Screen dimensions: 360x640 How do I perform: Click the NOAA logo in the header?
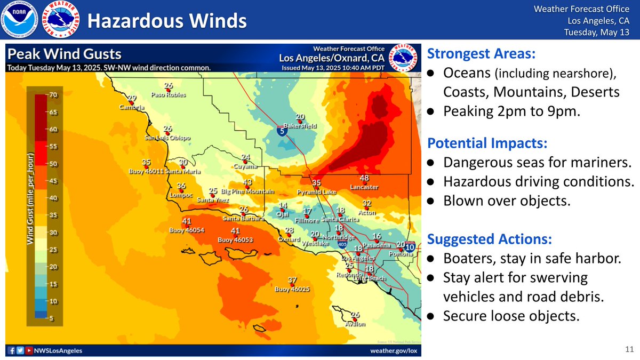pyautogui.click(x=20, y=20)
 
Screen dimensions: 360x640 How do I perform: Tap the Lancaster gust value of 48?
pyautogui.click(x=364, y=178)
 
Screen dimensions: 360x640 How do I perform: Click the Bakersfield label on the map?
pyautogui.click(x=300, y=126)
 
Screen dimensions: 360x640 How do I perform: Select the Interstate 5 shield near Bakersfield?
pyautogui.click(x=281, y=131)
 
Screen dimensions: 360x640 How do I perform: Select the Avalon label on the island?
pyautogui.click(x=355, y=323)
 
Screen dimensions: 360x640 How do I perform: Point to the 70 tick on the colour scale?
pyautogui.click(x=54, y=95)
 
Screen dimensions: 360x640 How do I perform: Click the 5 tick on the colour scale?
pyautogui.click(x=54, y=318)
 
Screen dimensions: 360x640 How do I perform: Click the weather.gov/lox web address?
pyautogui.click(x=393, y=350)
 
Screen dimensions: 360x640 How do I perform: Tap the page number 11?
pyautogui.click(x=628, y=349)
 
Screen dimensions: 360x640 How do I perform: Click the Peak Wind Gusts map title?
pyautogui.click(x=65, y=54)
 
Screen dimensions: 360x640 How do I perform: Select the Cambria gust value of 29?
pyautogui.click(x=132, y=98)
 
